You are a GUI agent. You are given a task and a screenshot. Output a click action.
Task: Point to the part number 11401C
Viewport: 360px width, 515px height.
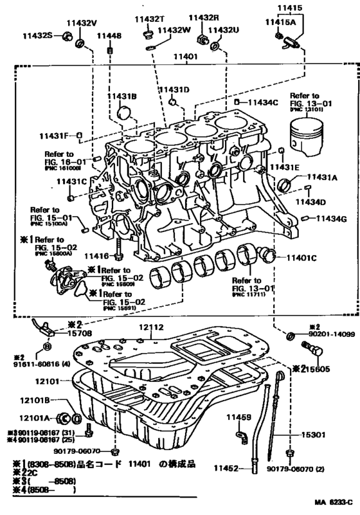click(300, 257)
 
